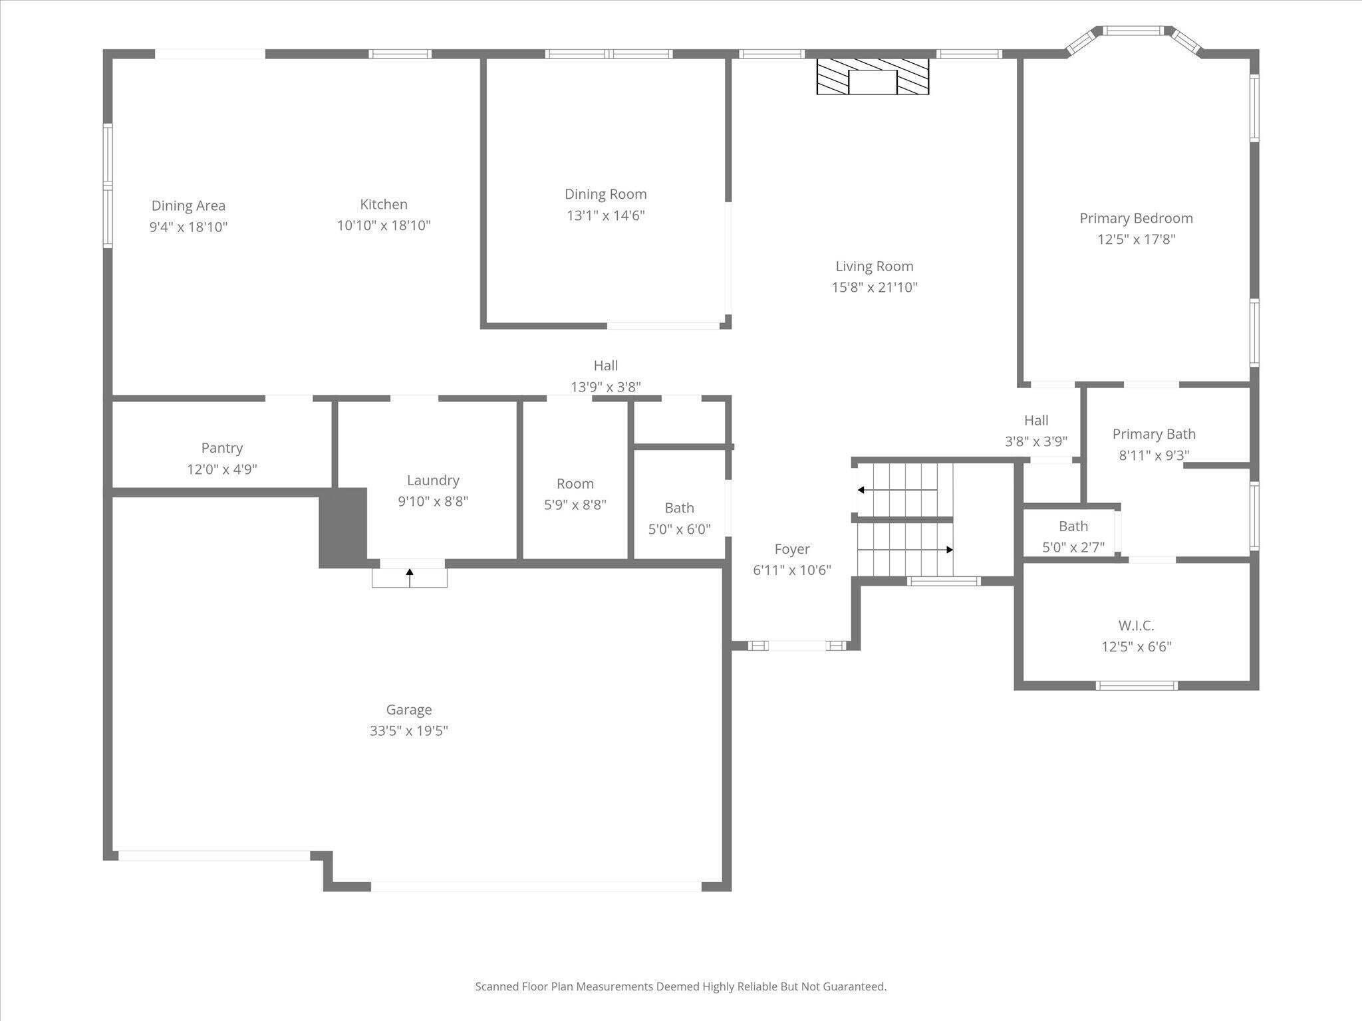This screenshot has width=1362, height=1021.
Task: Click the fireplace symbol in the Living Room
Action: point(873,76)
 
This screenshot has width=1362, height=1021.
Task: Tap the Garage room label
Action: point(408,709)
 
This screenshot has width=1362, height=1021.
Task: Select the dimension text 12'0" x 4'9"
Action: point(221,469)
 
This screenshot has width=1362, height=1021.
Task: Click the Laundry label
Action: point(433,480)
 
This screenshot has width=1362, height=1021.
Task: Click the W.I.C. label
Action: point(1136,625)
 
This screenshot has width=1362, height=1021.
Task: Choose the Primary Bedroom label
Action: point(1136,218)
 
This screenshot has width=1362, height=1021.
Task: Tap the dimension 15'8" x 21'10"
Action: point(874,287)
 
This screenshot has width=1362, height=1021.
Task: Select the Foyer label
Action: point(791,549)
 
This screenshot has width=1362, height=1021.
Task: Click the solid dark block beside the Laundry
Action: point(343,528)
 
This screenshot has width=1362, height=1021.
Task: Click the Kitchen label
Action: point(384,204)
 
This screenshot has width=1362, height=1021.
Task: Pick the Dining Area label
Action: point(188,205)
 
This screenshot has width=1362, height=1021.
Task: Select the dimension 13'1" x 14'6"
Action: point(605,215)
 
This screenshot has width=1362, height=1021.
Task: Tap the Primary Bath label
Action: point(1154,434)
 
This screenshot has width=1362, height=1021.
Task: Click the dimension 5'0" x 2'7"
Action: point(1073,547)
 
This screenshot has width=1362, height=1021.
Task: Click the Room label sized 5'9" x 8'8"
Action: point(575,483)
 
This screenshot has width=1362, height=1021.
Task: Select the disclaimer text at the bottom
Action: point(680,986)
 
